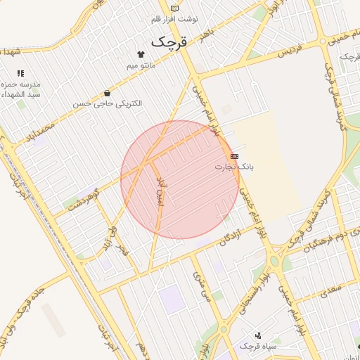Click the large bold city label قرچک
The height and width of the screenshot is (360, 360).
pos(169,41)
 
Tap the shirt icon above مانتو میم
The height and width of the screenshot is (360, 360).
pos(141,54)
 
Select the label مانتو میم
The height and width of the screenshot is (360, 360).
pos(141,65)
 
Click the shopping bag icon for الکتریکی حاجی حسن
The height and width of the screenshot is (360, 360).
pos(106,93)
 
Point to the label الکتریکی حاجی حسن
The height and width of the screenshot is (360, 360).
pos(107,103)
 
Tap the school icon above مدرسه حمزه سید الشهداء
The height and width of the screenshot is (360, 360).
pos(20,73)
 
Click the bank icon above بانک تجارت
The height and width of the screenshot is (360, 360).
pos(234,156)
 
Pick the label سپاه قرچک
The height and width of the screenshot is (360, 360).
pos(258,347)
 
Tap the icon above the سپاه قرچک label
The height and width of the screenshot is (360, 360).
pos(258,335)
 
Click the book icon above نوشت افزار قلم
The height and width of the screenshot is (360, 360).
pos(175,8)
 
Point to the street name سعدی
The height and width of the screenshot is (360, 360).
pos(328,289)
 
